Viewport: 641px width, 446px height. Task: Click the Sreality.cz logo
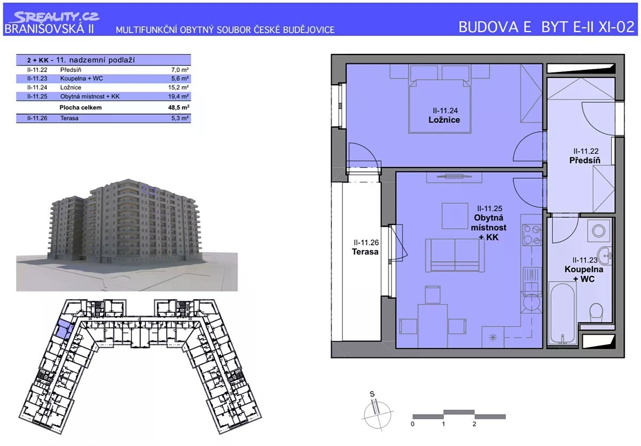point(54,17)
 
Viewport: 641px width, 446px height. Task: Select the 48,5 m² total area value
point(178,107)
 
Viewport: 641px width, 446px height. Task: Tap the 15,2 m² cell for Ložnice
point(178,87)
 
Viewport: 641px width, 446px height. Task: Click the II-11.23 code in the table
point(37,78)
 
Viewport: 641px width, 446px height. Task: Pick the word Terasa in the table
point(69,118)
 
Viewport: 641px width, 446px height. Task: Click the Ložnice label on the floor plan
point(444,120)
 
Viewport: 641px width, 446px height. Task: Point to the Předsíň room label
point(584,160)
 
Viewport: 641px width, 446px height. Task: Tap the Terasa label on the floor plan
point(365,252)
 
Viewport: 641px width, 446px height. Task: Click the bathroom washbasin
point(605,255)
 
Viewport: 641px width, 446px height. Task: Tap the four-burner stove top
point(532,235)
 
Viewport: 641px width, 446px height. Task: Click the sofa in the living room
point(455,255)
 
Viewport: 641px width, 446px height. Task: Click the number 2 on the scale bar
point(474,424)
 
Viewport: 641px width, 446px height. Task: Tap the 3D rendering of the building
point(127,235)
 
